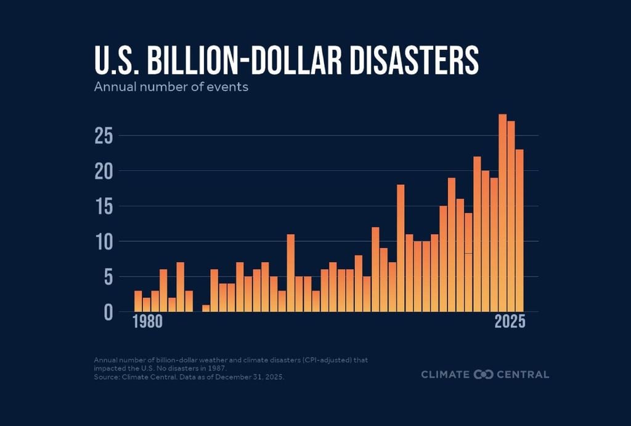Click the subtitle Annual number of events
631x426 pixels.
coord(171,87)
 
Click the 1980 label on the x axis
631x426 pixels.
coord(148,322)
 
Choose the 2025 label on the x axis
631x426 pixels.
coord(510,322)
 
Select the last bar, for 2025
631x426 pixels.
coord(519,231)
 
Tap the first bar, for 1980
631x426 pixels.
coord(138,301)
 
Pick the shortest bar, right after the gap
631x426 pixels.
coord(206,308)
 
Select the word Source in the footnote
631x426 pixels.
coord(106,376)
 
